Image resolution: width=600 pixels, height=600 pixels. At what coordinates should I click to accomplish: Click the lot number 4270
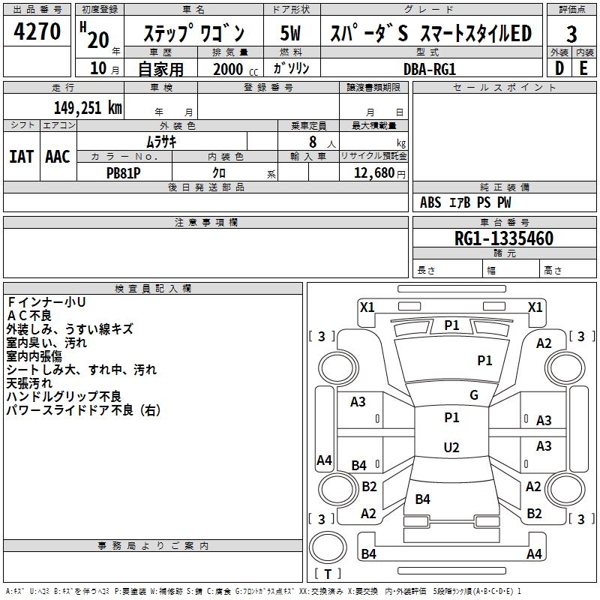point(37,31)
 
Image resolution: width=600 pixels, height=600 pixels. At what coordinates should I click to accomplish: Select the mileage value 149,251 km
point(88,108)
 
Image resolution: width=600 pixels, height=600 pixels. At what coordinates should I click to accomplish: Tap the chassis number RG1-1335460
point(504,238)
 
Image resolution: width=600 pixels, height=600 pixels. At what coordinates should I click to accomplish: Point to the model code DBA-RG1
point(430,68)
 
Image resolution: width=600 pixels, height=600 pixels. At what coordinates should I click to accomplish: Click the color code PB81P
point(124,172)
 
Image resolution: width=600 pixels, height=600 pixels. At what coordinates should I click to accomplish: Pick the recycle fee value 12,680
point(373,172)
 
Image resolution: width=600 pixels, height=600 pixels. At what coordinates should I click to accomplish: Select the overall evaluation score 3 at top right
point(571,34)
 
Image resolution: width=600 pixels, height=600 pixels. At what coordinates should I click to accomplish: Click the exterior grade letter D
point(559,68)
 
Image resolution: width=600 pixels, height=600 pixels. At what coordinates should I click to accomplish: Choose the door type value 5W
point(292,33)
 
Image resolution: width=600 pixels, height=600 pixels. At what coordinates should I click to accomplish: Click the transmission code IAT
point(21,157)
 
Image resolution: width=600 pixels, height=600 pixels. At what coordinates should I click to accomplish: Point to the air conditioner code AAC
point(57,157)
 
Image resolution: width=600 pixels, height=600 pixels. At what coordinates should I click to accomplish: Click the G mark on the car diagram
point(474,395)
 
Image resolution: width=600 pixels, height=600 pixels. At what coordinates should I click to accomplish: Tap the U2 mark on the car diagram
point(451,448)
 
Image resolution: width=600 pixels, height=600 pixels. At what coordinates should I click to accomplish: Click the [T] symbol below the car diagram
point(328,574)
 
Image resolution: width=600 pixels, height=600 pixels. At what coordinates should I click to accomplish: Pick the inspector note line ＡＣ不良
point(31,315)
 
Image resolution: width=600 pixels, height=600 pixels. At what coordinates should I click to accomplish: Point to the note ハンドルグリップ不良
point(64,396)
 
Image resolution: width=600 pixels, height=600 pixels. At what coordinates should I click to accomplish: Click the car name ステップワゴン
point(193,34)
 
